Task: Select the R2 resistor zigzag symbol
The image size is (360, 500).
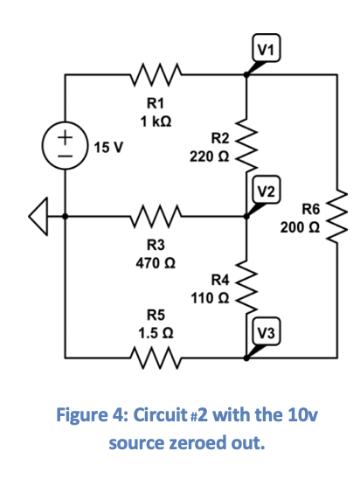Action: coord(246,143)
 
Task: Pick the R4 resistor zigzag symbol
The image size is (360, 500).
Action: coord(246,284)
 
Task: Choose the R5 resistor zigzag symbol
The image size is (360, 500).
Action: coord(156,357)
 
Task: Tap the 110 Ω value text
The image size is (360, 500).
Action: coord(209,297)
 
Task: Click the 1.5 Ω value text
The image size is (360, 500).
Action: coord(156,333)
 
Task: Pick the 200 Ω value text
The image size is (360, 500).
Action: coord(300,227)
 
